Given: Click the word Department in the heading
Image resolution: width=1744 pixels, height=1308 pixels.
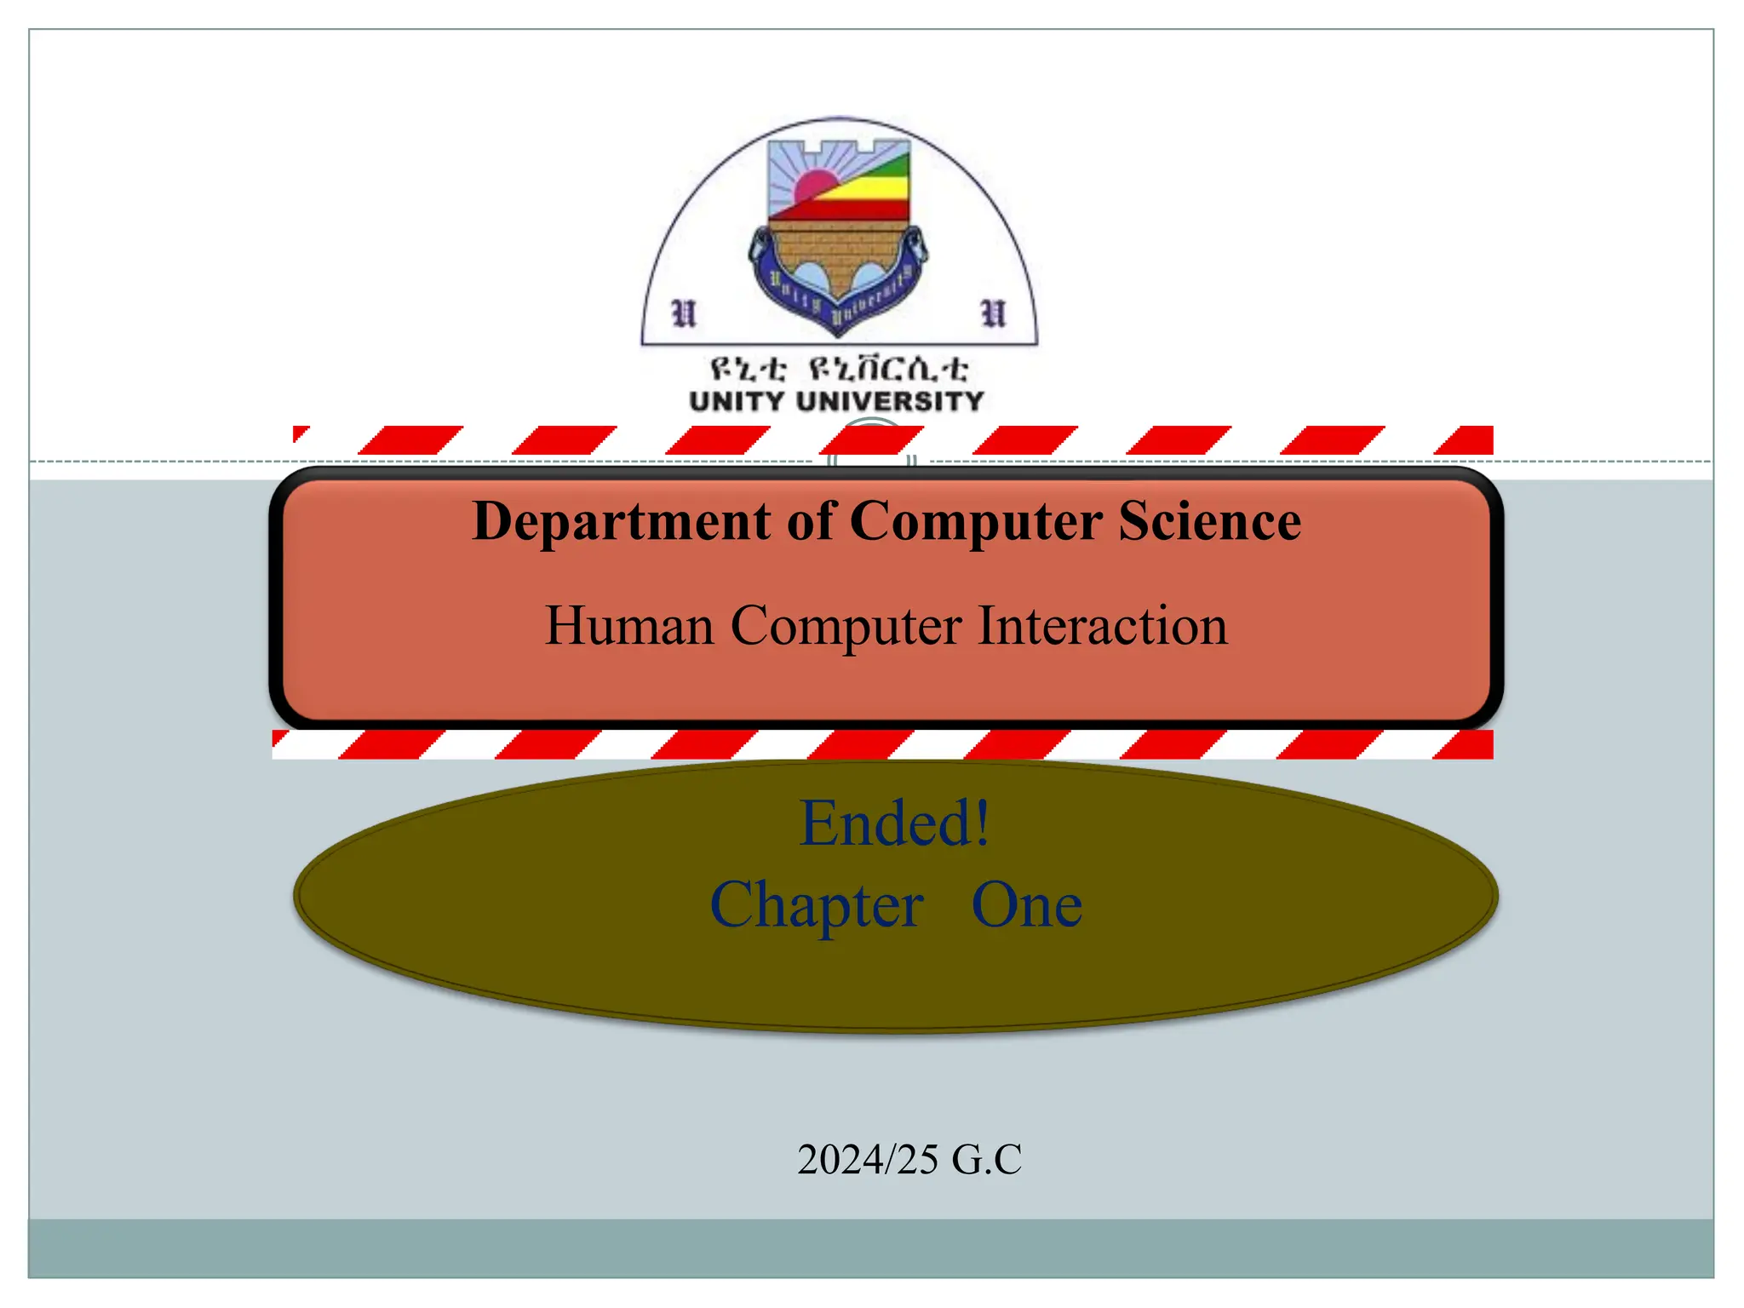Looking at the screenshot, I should (x=621, y=521).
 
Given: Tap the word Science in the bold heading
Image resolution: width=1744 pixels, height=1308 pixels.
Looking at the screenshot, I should (x=1209, y=521).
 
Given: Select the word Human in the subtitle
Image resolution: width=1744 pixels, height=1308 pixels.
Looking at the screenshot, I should (x=628, y=626).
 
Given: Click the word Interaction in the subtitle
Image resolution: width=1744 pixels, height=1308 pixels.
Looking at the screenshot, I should (x=1102, y=626).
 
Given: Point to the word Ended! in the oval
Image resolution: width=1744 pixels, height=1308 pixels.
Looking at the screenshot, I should (x=894, y=823).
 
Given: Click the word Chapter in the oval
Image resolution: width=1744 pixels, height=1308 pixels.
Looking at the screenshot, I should (x=816, y=905).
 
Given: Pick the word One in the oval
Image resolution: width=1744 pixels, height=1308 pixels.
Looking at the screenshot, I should (x=1026, y=905).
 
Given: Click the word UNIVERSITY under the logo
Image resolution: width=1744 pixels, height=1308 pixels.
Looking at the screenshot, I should (x=890, y=401).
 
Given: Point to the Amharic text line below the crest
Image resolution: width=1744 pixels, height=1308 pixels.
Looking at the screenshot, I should (x=838, y=369).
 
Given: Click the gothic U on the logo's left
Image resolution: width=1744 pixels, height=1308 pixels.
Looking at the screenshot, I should (x=684, y=313).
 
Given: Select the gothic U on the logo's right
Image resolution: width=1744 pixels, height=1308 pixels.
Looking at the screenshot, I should (x=993, y=313).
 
